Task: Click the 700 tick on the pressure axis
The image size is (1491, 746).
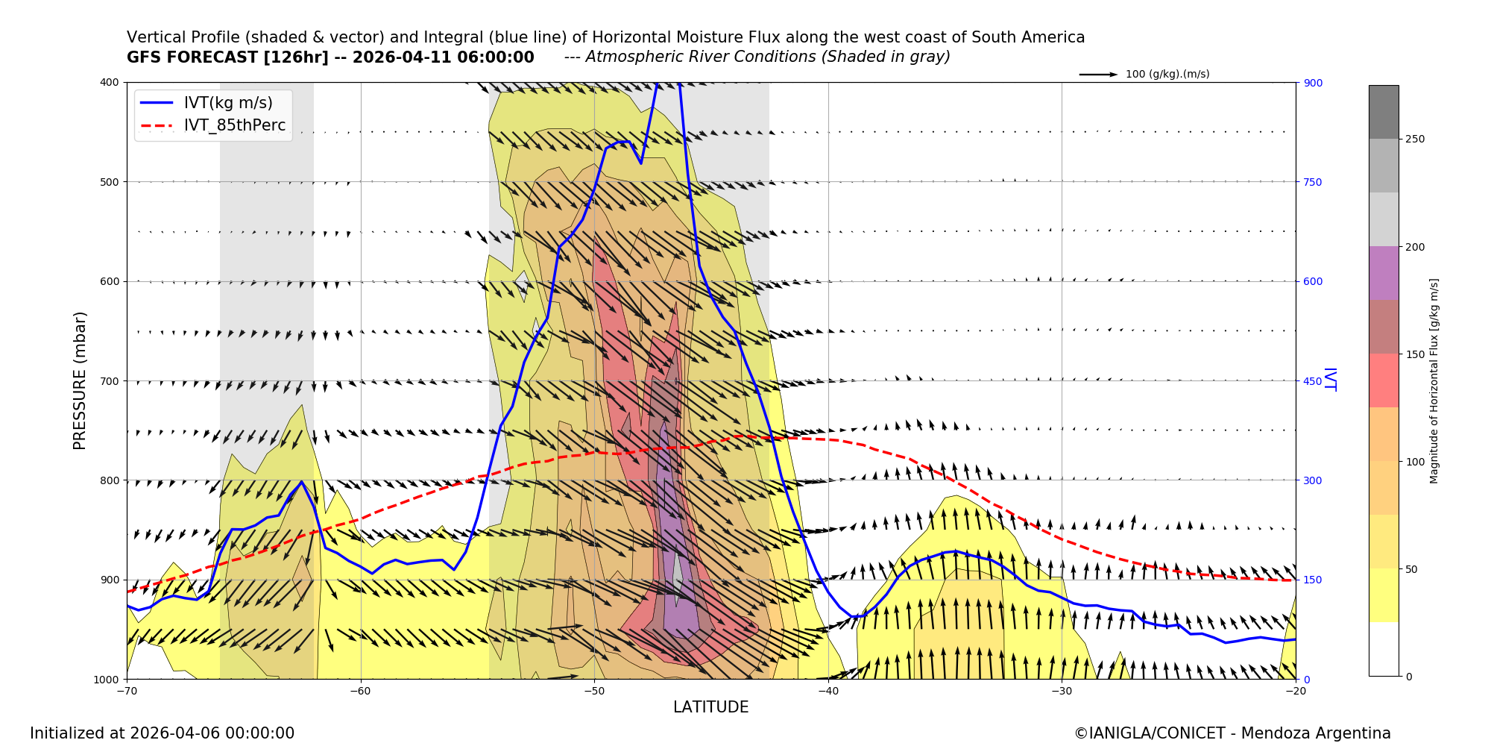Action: tap(109, 381)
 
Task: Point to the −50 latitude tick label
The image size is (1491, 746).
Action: tap(594, 691)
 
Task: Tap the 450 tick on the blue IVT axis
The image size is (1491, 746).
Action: tap(1312, 381)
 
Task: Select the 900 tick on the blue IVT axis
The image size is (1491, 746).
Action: tap(1312, 83)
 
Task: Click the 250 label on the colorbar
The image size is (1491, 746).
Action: tap(1415, 140)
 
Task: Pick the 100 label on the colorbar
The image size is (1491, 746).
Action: tap(1415, 462)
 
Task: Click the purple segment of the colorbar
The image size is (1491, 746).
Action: tap(1384, 273)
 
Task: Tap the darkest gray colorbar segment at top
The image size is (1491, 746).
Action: tap(1384, 112)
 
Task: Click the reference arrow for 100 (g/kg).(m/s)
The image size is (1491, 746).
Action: tap(1098, 75)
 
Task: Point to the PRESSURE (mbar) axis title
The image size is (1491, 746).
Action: tap(80, 380)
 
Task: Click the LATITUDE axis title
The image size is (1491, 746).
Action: tap(710, 707)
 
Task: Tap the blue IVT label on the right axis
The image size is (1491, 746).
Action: tap(1329, 380)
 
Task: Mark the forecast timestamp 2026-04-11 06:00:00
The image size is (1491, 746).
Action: tap(443, 57)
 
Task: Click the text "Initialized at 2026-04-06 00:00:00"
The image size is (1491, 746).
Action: tap(162, 733)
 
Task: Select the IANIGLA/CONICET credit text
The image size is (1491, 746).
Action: tap(1232, 733)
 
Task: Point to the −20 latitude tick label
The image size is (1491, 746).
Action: tap(1295, 691)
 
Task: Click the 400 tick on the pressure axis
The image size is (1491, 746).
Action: tap(109, 83)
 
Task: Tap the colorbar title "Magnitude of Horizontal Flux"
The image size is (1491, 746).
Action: tap(1434, 380)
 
